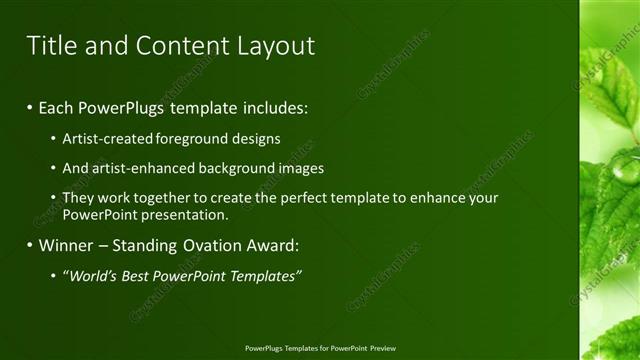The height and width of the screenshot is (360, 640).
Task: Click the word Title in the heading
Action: (50, 45)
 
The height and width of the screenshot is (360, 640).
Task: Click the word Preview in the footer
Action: (383, 348)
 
